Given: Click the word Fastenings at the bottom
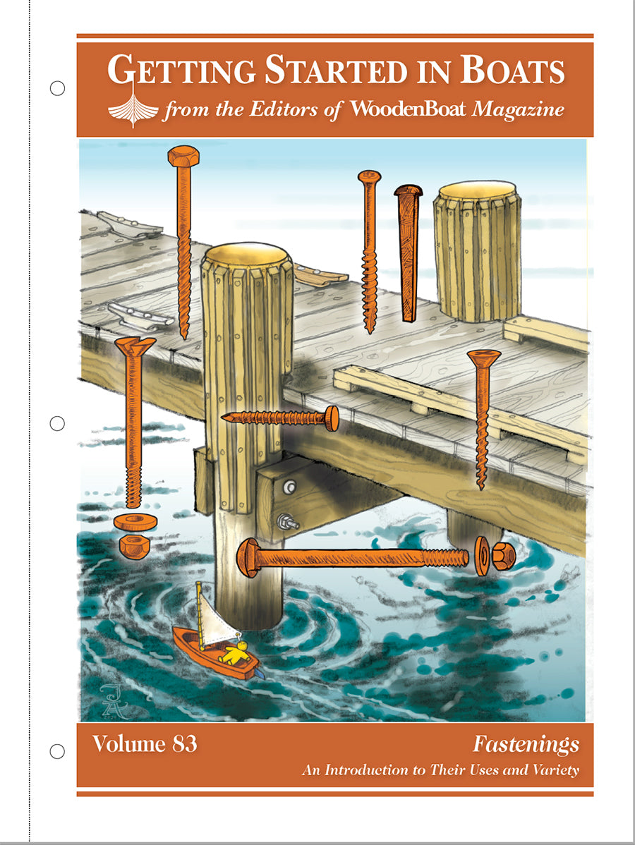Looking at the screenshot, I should [x=526, y=744].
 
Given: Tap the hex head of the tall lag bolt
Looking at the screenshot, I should [x=183, y=155].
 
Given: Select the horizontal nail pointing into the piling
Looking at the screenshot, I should [x=279, y=418].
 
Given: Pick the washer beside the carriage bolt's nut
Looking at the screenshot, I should [x=482, y=556].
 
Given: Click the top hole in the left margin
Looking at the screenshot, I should [x=58, y=88].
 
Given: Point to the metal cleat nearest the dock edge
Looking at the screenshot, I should [x=139, y=315].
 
